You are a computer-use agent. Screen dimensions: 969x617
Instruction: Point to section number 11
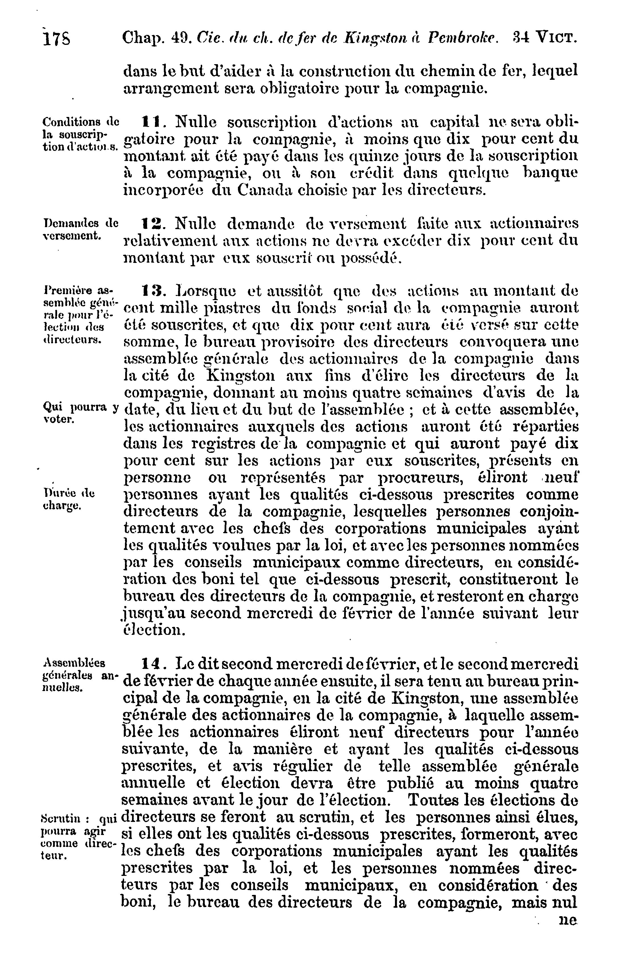coord(151,122)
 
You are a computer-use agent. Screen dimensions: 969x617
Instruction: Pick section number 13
coord(151,290)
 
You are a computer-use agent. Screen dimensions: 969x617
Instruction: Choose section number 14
coord(151,663)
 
